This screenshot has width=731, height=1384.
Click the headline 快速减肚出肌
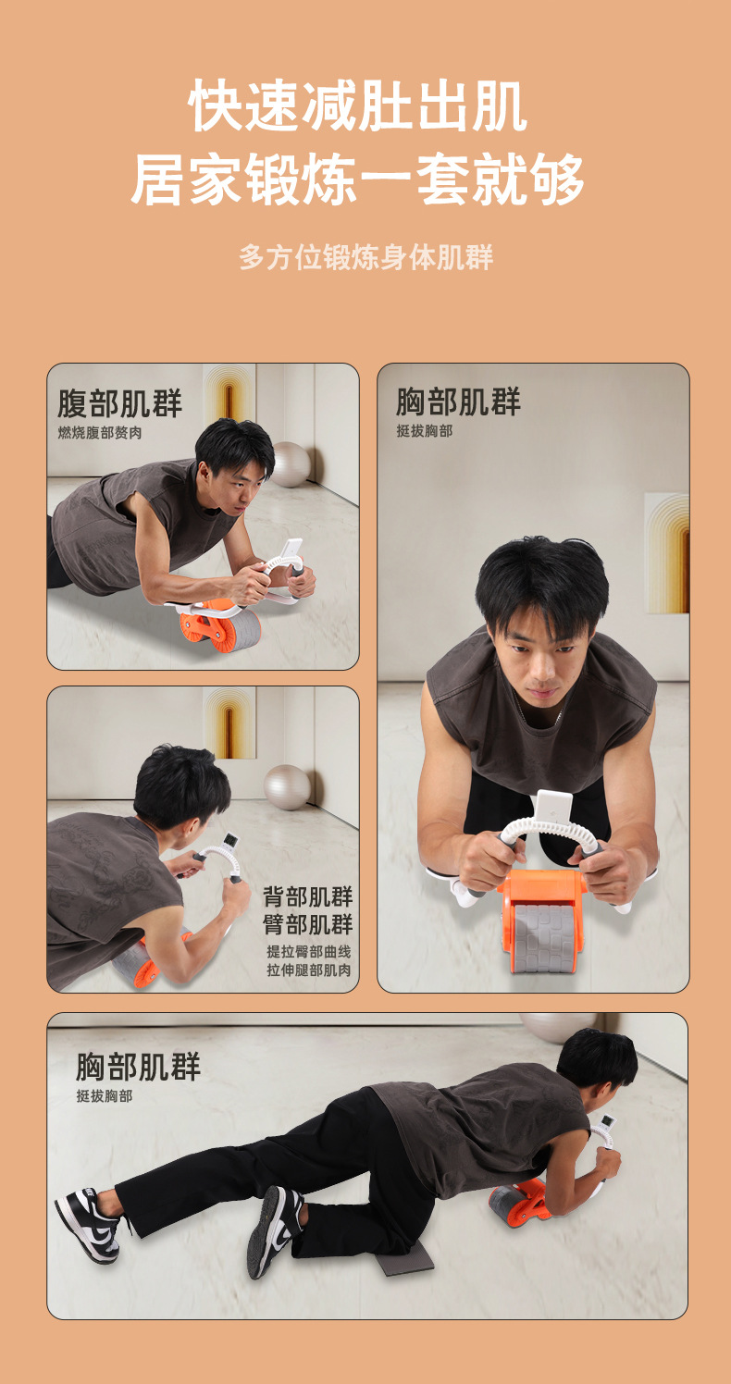click(358, 105)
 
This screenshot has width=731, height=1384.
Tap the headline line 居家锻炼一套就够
click(358, 179)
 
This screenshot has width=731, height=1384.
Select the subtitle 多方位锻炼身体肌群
click(365, 257)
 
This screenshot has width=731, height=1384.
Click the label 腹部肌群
click(120, 404)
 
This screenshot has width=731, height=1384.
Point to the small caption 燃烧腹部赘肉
click(100, 433)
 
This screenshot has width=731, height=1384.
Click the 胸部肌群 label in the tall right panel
click(459, 402)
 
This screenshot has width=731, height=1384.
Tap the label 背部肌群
click(308, 896)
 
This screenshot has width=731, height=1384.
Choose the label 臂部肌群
click(308, 924)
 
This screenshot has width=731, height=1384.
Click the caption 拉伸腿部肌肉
click(309, 970)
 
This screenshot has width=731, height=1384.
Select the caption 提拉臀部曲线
click(309, 951)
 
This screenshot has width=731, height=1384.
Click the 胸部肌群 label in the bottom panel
click(139, 1067)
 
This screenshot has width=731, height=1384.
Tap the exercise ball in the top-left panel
click(291, 464)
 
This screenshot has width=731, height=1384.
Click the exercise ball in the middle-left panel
click(287, 787)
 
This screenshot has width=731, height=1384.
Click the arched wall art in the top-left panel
click(229, 391)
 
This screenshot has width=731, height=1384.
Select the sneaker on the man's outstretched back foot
click(88, 1225)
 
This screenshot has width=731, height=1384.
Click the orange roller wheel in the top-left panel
click(220, 628)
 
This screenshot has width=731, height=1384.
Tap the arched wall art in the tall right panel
click(667, 553)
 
